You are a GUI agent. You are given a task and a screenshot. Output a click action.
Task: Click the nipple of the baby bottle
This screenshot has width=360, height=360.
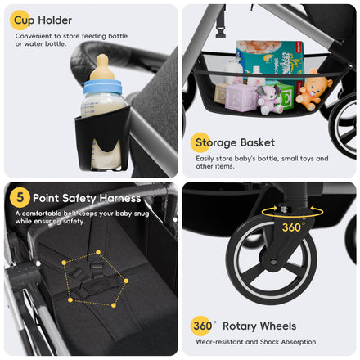pyautogui.click(x=102, y=67)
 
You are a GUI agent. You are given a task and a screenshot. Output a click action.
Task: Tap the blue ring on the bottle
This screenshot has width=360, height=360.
pyautogui.click(x=102, y=87)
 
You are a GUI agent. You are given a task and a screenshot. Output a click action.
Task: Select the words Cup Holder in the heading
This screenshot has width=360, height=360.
pyautogui.click(x=43, y=20)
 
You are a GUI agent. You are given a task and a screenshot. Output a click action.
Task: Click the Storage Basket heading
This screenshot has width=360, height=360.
pyautogui.click(x=235, y=142)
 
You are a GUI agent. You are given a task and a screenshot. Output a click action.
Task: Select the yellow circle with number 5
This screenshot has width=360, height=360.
pyautogui.click(x=20, y=197)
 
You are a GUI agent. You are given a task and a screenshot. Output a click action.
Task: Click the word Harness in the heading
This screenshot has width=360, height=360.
pyautogui.click(x=120, y=198)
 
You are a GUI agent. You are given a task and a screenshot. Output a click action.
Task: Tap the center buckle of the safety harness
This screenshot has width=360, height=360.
pyautogui.click(x=93, y=286)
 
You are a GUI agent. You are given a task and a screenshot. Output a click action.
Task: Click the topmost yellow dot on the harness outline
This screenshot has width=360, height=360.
pyautogui.click(x=98, y=252)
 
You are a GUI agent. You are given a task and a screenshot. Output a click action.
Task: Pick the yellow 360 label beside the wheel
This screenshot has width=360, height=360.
pyautogui.click(x=293, y=227)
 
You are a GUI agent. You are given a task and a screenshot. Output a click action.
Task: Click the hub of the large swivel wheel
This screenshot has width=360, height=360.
pyautogui.click(x=272, y=262)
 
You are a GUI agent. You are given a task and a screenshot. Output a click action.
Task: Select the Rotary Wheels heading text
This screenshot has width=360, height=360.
pyautogui.click(x=259, y=326)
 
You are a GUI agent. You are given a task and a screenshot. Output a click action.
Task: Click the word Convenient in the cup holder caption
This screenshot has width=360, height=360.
pyautogui.click(x=34, y=36)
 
